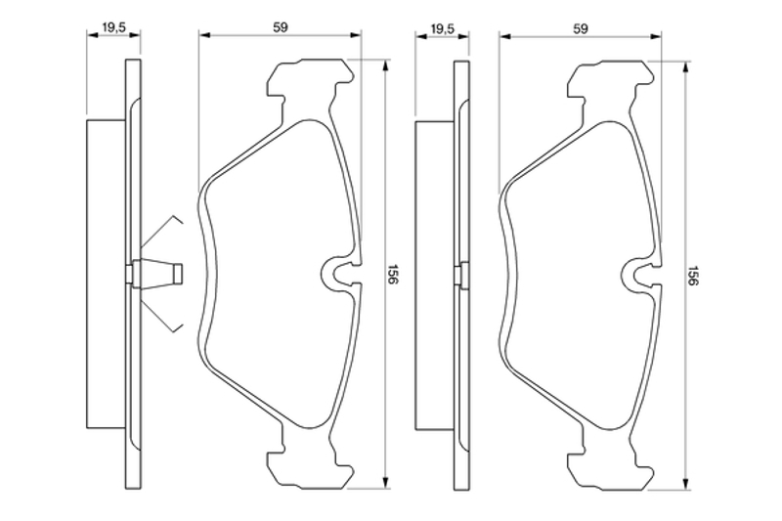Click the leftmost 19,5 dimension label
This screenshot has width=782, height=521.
coord(113,28)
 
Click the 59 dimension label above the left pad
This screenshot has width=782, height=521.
coord(281,28)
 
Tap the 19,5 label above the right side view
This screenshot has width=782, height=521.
coord(442,29)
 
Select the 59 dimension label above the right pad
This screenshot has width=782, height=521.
coord(580,29)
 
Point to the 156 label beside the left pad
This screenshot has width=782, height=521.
coord(392,274)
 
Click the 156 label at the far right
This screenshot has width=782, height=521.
coord(693,276)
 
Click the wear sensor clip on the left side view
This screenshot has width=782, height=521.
coord(157,274)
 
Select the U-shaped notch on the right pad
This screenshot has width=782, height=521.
coord(642,275)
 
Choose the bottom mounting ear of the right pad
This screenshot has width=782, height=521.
coord(612,468)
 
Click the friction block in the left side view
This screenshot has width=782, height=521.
coord(106,274)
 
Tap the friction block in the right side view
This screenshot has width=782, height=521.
coord(434,275)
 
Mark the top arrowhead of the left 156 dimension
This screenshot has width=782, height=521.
coord(385,65)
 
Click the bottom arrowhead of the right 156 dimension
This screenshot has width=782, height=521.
coord(687,485)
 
